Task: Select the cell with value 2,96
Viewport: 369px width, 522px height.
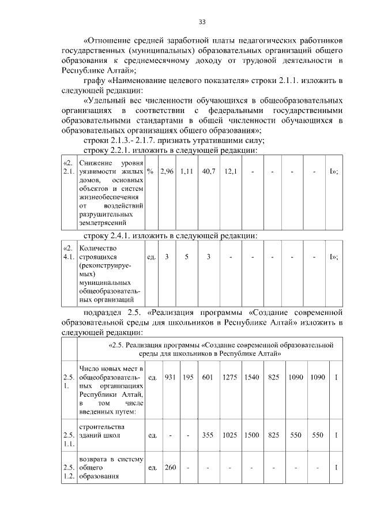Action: click(x=167, y=171)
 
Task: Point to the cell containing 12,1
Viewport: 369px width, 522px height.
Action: click(x=230, y=171)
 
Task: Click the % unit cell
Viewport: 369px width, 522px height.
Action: click(x=150, y=171)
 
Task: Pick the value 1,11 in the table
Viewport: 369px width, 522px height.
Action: click(x=186, y=171)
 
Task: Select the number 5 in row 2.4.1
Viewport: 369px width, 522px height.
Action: click(x=186, y=257)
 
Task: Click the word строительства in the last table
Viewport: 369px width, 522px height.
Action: click(x=104, y=427)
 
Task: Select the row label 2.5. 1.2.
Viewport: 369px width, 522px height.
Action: click(x=69, y=471)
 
